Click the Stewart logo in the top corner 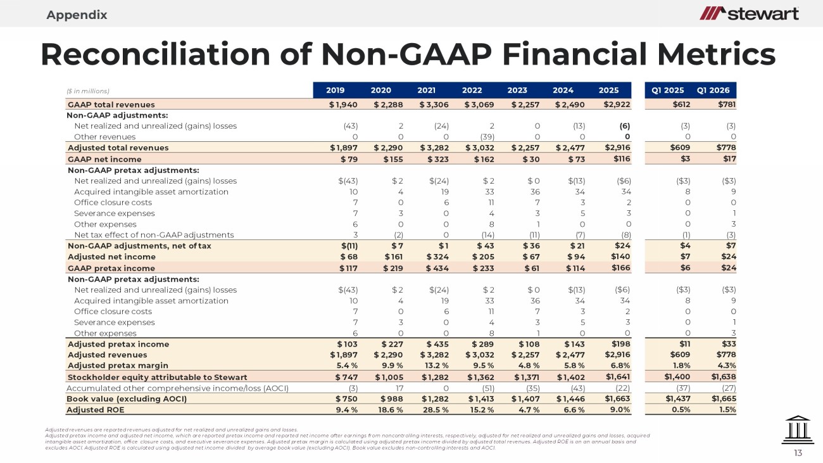pos(749,14)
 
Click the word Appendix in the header pos(77,15)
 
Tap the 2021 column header pos(426,91)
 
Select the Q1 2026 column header pos(713,91)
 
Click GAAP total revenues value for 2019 pos(343,105)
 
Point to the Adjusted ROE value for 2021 pos(436,410)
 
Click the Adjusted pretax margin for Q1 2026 pos(727,365)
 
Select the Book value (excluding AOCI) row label pos(127,399)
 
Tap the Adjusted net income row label pos(111,257)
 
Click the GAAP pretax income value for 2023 pos(531,269)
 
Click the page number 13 pos(798,453)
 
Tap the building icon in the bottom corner pos(798,430)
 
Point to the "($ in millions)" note pos(88,91)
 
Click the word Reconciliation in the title pos(156,54)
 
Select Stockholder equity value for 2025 pos(618,377)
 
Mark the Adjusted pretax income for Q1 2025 pos(685,344)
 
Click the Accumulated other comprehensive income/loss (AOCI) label pos(177,388)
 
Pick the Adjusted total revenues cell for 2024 pos(570,148)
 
